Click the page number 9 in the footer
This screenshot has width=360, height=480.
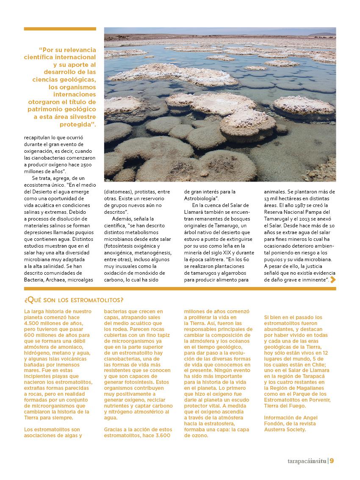332,461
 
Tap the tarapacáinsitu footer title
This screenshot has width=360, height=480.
305,461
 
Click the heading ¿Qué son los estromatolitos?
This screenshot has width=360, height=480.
74,300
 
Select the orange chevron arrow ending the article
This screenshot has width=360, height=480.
333,279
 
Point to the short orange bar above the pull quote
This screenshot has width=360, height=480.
60,29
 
